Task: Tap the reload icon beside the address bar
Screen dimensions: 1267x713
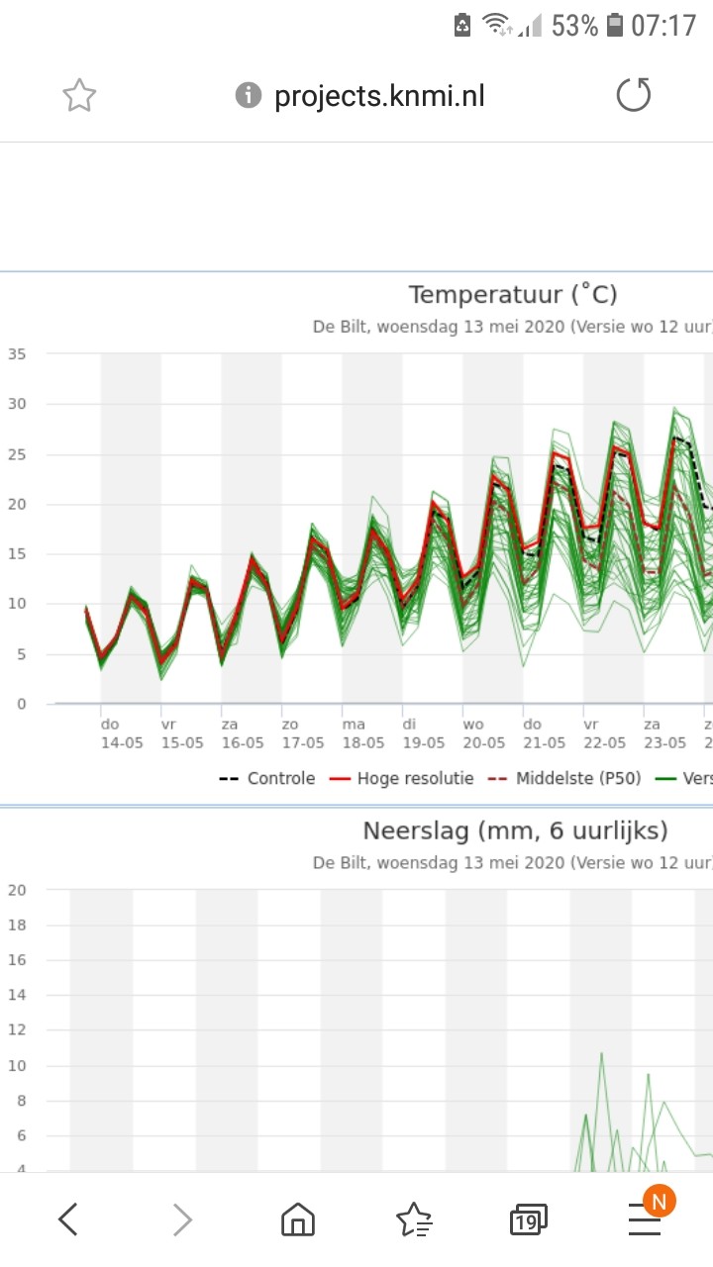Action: [634, 95]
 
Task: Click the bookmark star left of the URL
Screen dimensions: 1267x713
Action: [79, 96]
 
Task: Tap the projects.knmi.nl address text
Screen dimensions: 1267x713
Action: [379, 96]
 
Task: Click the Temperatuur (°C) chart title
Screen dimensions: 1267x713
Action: [513, 295]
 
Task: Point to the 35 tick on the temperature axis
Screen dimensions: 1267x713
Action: [17, 354]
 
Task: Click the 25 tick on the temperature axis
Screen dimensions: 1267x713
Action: [17, 454]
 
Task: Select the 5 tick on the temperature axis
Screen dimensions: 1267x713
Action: [21, 654]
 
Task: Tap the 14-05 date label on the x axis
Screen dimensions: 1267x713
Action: [123, 742]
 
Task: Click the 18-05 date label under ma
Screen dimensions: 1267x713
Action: [363, 742]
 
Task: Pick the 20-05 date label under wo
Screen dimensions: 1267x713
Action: [484, 742]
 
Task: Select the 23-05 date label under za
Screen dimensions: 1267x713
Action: [664, 742]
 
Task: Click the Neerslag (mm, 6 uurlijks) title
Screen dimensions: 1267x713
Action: [515, 830]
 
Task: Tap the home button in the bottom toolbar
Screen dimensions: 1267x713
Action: [297, 1220]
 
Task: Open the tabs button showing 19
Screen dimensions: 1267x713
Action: [529, 1220]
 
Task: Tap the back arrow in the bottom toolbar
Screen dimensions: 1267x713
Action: [67, 1220]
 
